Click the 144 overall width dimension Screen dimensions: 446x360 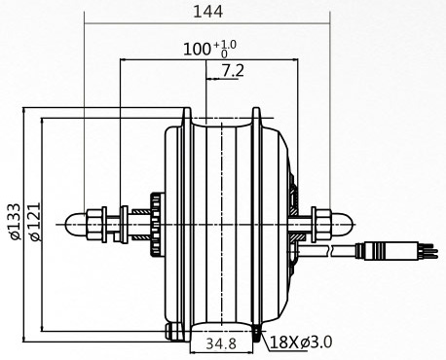pos(208,12)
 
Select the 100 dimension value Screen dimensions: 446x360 pos(197,50)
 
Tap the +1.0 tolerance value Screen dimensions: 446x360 pos(225,44)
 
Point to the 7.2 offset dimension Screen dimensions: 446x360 pos(233,70)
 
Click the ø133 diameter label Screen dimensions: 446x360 pos(15,221)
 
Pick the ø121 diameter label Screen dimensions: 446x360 pos(35,221)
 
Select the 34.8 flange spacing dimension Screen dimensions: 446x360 pos(221,343)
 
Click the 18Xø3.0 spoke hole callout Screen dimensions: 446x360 pos(301,342)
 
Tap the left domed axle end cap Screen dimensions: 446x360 pos(76,225)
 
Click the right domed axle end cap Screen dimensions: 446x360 pos(342,225)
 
